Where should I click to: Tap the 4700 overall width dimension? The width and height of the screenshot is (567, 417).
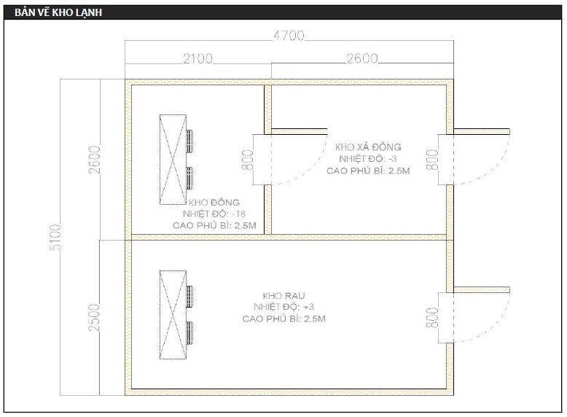pos(289,36)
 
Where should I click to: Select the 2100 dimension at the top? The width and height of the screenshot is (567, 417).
pos(197,58)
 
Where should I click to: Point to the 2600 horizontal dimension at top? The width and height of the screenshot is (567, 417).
pos(361,58)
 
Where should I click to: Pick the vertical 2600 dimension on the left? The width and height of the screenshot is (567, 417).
pos(95,160)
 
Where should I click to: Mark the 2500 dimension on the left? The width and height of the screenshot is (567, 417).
pos(95,316)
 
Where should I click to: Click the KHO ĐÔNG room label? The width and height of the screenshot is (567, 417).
pos(214,202)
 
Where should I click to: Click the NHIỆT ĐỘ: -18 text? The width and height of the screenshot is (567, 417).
pos(214,214)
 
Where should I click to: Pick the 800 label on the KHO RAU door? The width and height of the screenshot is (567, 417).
pos(432,316)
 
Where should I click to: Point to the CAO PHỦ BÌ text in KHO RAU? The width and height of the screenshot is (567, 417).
pos(283,319)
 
